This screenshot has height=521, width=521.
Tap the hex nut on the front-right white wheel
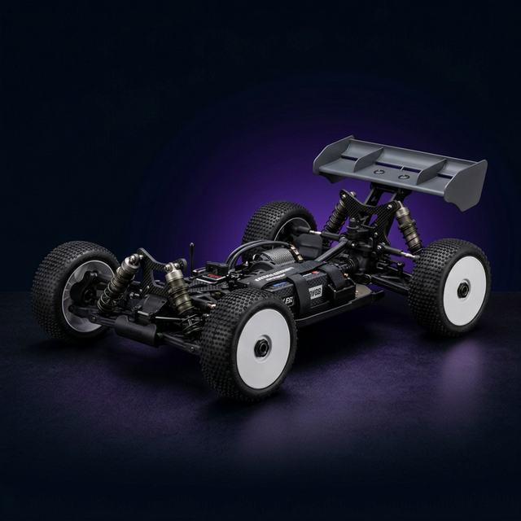262,347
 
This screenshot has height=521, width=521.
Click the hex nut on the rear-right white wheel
462,290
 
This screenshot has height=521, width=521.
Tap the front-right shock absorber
179,288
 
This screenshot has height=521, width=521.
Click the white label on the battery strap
313,291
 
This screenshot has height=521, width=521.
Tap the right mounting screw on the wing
405,175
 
